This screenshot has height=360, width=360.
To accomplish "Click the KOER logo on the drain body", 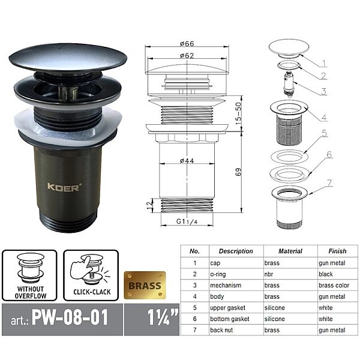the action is pos(64,187).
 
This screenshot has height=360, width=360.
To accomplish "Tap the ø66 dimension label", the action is pos(187,43).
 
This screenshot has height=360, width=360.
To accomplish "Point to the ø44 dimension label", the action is pos(187,160).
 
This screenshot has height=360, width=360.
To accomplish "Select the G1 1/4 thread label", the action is pos(187,221).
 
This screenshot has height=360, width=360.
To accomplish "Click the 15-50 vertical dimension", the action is pos(239,113).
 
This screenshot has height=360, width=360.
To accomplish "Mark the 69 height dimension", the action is pos(239,172).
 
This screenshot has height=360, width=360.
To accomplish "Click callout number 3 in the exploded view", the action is pos(323,91).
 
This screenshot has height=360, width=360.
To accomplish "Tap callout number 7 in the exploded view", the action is pos(329,183).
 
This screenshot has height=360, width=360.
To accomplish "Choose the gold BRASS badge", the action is pos(145,286).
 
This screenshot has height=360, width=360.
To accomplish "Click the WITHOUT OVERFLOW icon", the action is pos(29,275).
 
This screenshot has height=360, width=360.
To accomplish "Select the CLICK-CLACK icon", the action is pos(91,275).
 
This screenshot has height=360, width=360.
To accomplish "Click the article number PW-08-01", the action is pos(70,318).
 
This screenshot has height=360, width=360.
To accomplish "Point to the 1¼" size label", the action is pos(162,317).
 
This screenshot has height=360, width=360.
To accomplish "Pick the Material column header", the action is pos(290,251).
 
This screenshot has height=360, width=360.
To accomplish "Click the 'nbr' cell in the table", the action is pos(269,274).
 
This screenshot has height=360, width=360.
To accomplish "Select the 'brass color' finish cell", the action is pos(334,286).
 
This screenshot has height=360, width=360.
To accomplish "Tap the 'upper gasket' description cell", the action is pos(228,308).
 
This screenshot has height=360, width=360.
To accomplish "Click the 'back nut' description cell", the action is pos(221,330).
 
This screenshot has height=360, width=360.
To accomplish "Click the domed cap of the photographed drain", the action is pos(68,58).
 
